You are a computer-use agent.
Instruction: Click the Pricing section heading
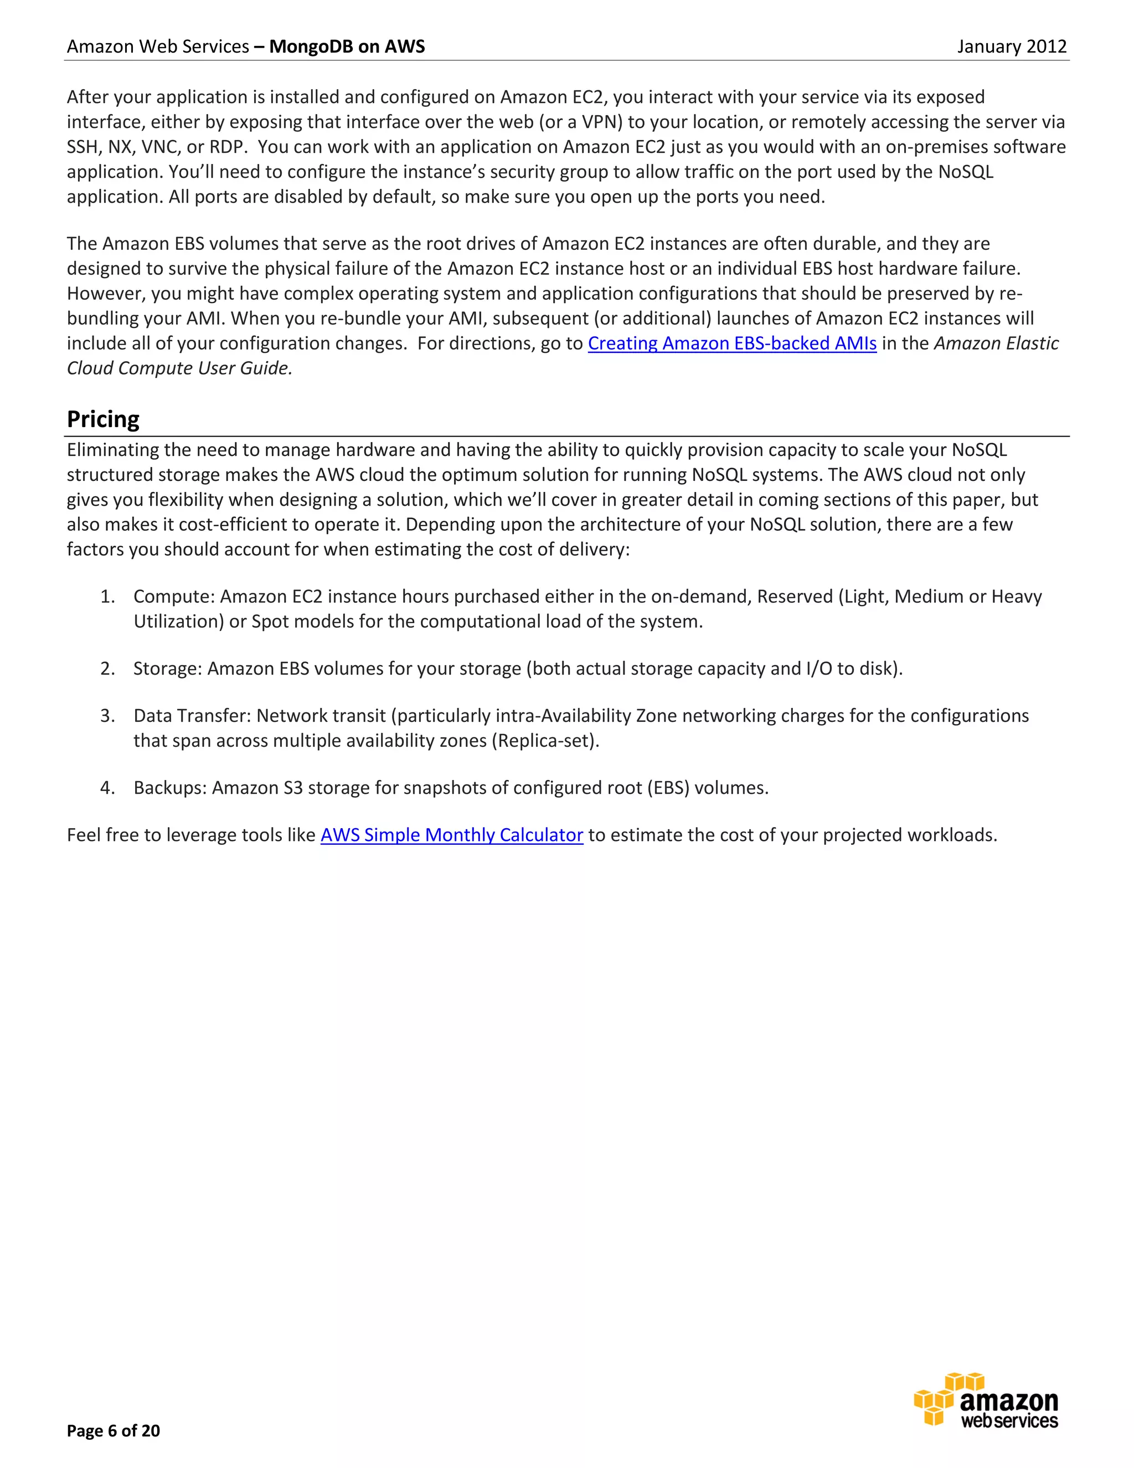(103, 419)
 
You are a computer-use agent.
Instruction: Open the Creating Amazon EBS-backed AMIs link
(731, 343)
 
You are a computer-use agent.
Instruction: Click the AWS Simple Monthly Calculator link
(451, 835)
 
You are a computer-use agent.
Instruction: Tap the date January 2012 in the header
(1011, 47)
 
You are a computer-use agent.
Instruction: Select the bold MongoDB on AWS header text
(347, 47)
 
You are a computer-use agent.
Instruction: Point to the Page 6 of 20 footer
(113, 1430)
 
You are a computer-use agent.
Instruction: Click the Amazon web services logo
(986, 1402)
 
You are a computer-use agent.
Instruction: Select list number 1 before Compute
(107, 597)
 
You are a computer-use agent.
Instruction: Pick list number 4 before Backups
(107, 788)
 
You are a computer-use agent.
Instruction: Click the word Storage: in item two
(167, 669)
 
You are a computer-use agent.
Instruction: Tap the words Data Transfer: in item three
(192, 716)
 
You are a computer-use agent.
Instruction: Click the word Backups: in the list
(170, 788)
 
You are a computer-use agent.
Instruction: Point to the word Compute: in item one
(174, 597)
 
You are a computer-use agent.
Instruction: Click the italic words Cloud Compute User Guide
(179, 368)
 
